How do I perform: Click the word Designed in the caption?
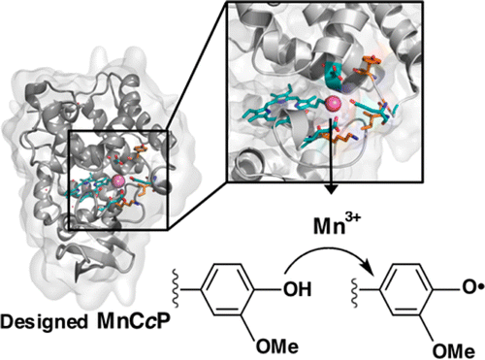[x=44, y=322]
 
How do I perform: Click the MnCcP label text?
[x=134, y=320]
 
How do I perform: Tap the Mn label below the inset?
[x=329, y=226]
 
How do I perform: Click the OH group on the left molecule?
[x=298, y=289]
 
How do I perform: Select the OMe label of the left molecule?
[x=277, y=346]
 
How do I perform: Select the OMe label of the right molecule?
[x=454, y=351]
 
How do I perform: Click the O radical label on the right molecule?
[x=472, y=288]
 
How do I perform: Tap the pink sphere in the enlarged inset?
[x=334, y=104]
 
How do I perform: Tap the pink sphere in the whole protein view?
[x=118, y=181]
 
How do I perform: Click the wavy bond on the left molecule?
[x=175, y=288]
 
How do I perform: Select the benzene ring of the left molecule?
[x=227, y=289]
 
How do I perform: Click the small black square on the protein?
[x=118, y=180]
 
